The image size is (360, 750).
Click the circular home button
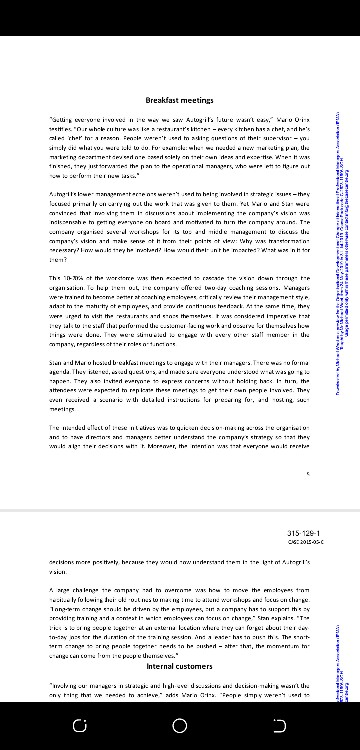click(x=180, y=721)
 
